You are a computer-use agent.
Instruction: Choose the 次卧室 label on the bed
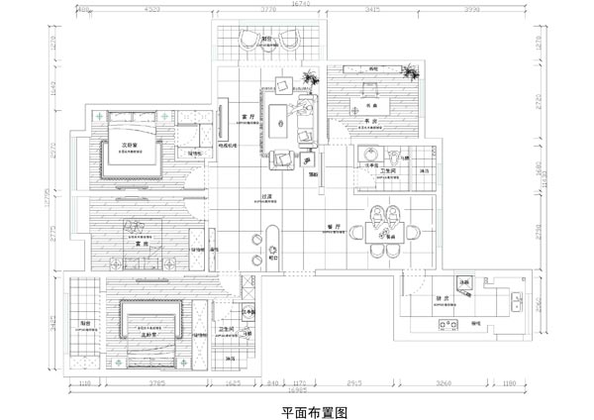point(129,144)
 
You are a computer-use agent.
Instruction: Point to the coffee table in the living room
point(288,125)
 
